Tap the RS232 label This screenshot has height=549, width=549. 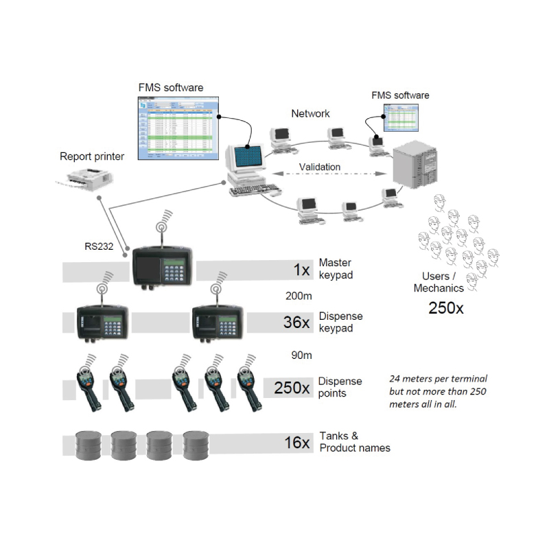[95, 246]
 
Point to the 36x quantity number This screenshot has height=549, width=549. [296, 322]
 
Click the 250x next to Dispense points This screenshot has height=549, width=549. [292, 387]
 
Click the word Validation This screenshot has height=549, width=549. [320, 167]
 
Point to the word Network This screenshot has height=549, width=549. [310, 114]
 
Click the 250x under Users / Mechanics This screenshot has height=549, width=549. [445, 307]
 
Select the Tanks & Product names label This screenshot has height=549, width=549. [354, 442]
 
